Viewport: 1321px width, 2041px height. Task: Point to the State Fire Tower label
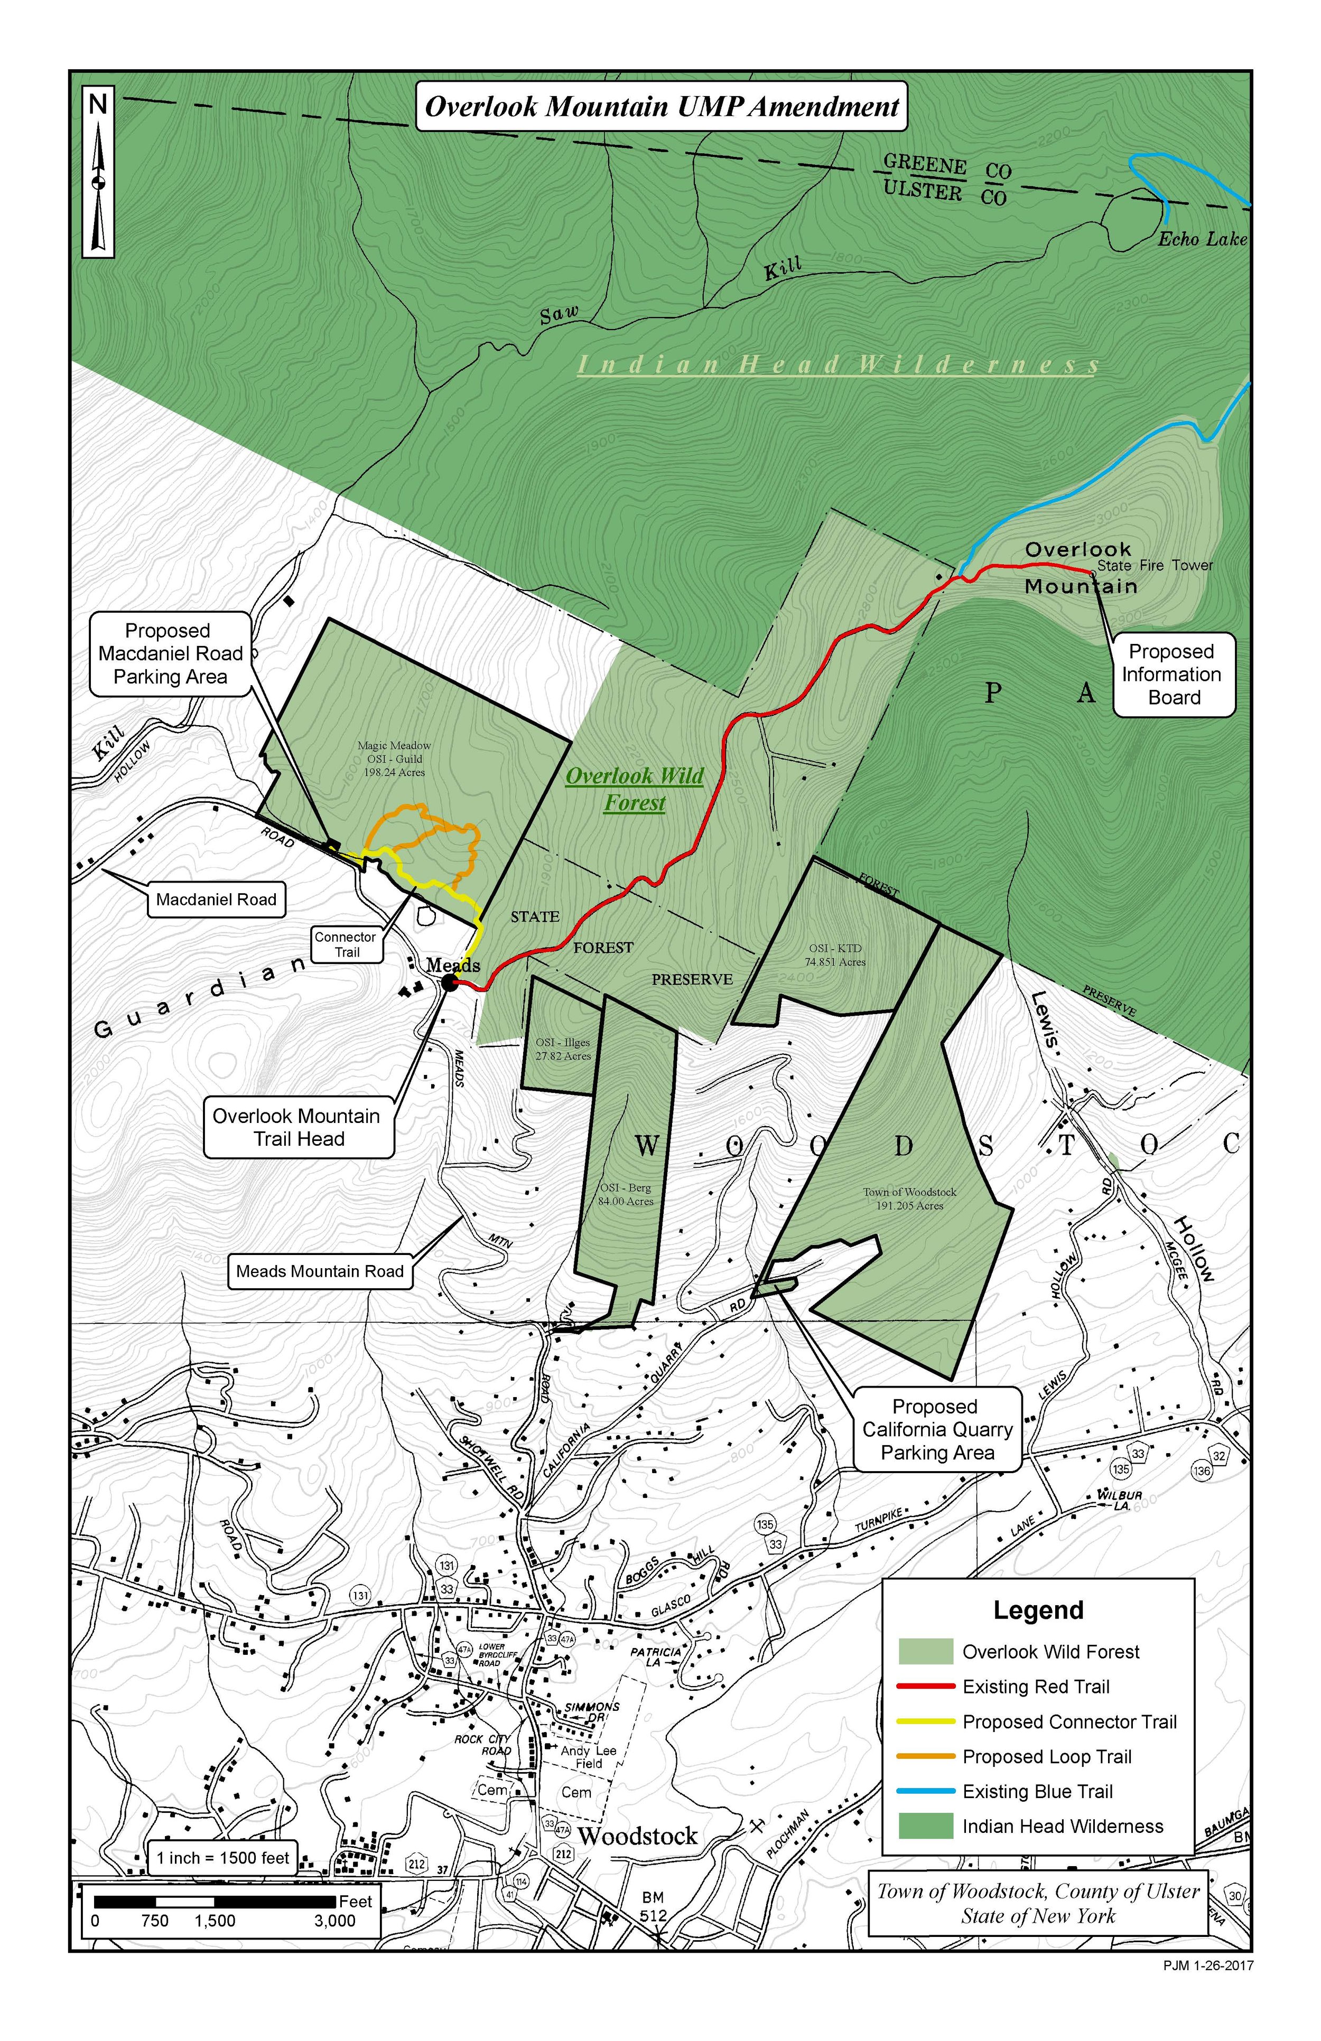coord(1155,565)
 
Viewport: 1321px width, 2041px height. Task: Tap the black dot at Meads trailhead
coord(450,983)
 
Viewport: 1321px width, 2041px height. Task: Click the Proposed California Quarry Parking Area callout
coord(937,1429)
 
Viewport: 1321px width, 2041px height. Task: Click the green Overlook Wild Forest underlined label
coord(635,789)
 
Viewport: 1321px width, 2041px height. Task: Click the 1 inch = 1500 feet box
coord(222,1858)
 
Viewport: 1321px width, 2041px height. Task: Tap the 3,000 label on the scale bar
coord(334,1921)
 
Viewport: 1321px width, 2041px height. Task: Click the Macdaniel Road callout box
coord(216,900)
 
